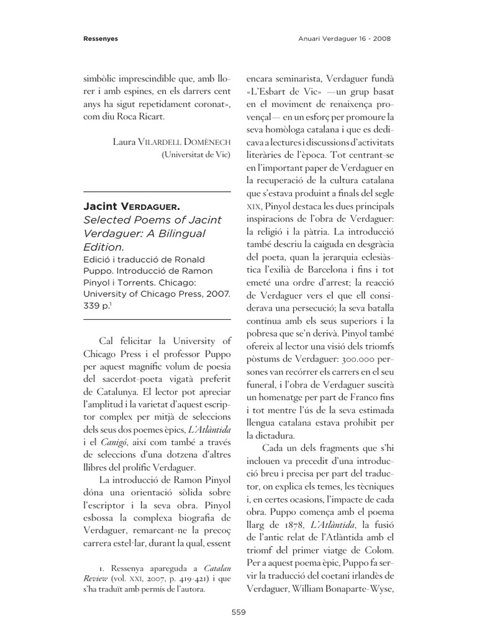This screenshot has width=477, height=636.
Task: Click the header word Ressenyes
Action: [x=101, y=39]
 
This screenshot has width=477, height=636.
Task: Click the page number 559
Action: [x=238, y=612]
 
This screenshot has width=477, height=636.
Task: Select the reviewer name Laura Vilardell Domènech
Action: [x=171, y=142]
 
